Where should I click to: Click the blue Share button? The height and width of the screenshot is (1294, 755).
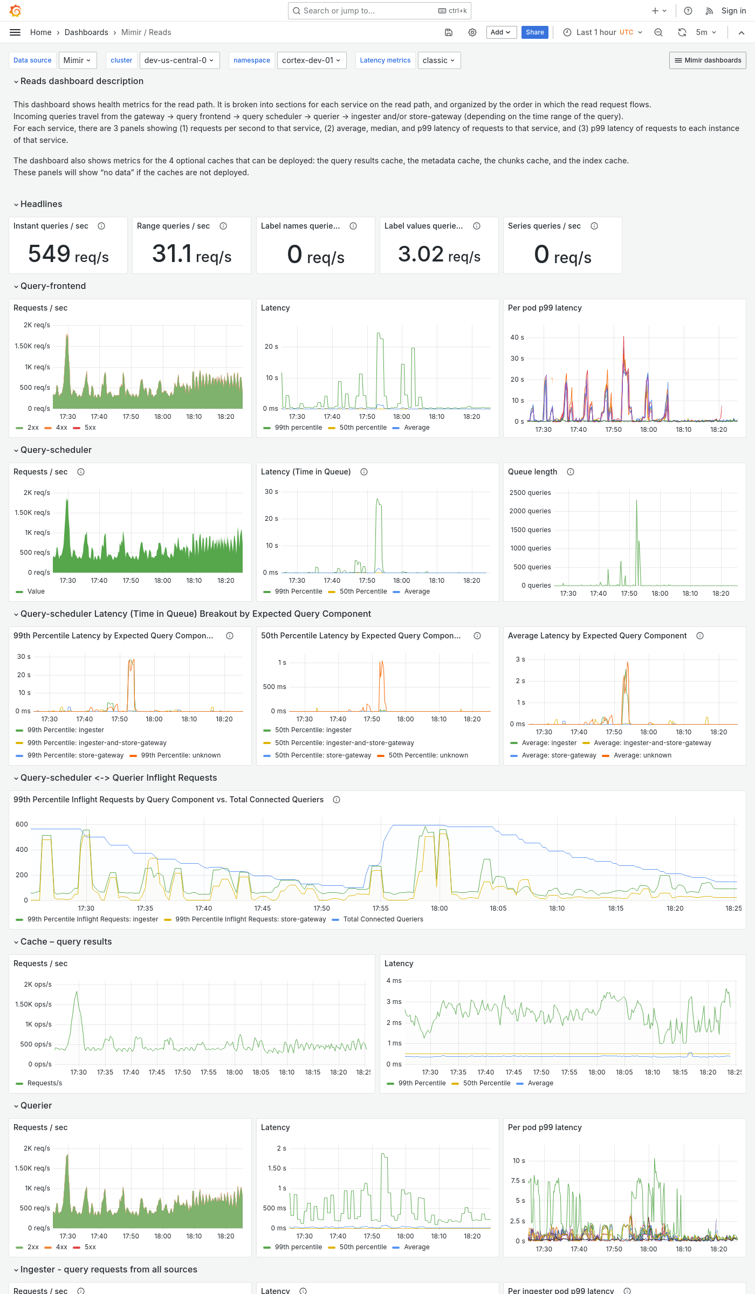pyautogui.click(x=534, y=32)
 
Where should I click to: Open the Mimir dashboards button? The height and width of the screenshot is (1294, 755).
pyautogui.click(x=708, y=60)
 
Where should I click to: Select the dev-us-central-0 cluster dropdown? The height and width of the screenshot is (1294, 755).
pyautogui.click(x=179, y=60)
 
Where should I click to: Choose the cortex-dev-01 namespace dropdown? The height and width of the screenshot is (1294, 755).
pyautogui.click(x=311, y=60)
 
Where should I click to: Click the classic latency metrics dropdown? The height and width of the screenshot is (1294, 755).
pyautogui.click(x=438, y=60)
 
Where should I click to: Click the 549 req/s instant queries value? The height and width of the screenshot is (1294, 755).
pyautogui.click(x=68, y=254)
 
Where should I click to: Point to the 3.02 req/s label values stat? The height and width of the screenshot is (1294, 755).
pyautogui.click(x=439, y=254)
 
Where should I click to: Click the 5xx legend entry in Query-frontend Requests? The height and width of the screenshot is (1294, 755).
pyautogui.click(x=90, y=428)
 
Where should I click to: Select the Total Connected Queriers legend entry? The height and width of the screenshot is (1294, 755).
pyautogui.click(x=383, y=919)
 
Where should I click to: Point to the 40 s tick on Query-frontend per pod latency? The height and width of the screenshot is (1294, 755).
pyautogui.click(x=517, y=338)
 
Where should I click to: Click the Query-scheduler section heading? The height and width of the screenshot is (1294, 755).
pyautogui.click(x=56, y=450)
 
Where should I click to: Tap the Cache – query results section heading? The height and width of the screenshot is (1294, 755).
pyautogui.click(x=66, y=941)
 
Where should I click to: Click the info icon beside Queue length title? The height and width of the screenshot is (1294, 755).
pyautogui.click(x=571, y=472)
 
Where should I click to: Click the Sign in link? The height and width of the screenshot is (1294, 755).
pyautogui.click(x=733, y=11)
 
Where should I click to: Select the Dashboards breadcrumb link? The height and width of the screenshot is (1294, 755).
pyautogui.click(x=86, y=32)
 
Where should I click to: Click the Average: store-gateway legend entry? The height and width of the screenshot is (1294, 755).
pyautogui.click(x=559, y=755)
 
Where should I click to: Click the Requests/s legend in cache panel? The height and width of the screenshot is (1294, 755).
pyautogui.click(x=44, y=1083)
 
